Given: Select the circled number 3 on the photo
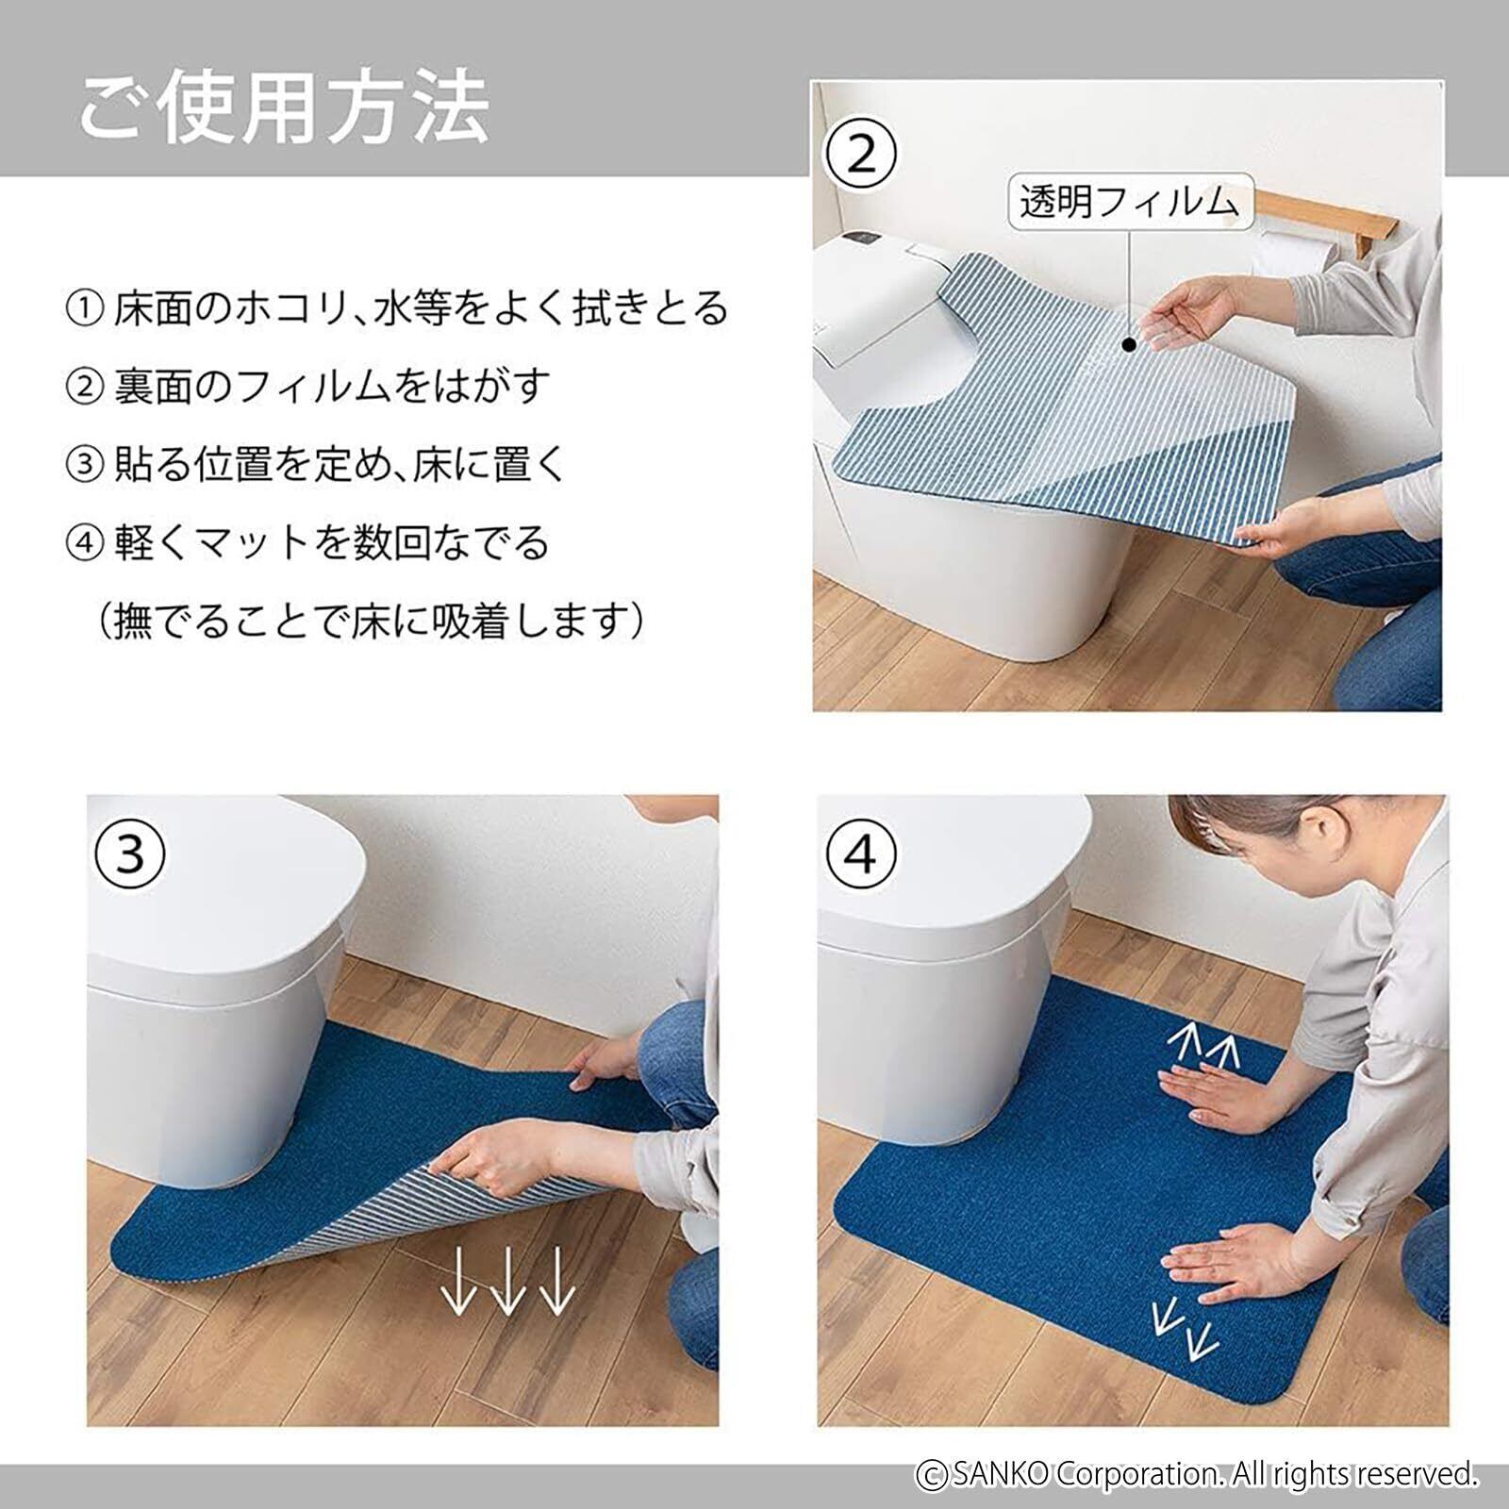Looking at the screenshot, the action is point(130,854).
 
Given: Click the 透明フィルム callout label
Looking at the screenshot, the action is point(1130,202).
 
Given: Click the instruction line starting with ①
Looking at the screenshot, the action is point(397,308).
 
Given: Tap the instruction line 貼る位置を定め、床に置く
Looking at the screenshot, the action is point(316,464).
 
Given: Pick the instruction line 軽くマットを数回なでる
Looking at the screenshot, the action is point(307,542).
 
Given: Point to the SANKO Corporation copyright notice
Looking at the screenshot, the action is point(1197,1473).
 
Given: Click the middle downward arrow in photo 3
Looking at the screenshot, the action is point(506,1280).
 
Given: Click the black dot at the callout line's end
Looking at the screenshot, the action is point(1130,345).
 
